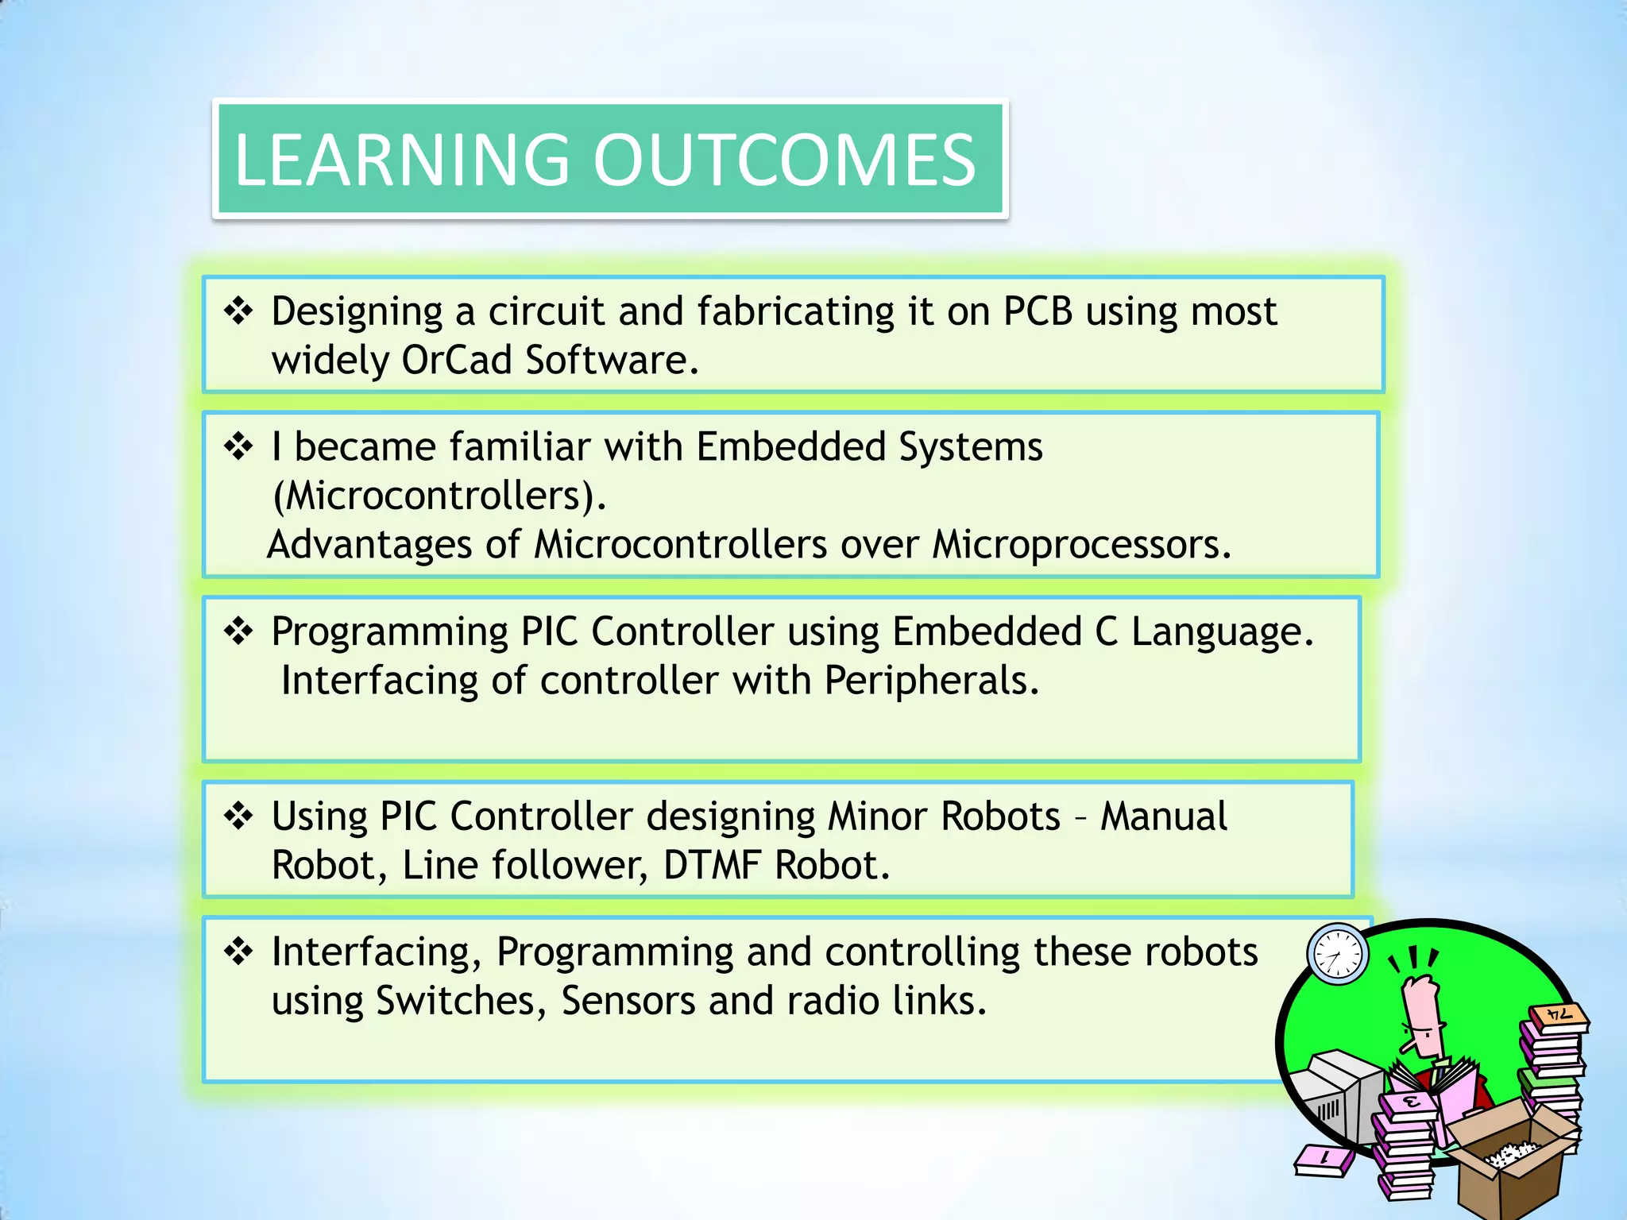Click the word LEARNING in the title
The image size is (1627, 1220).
point(401,160)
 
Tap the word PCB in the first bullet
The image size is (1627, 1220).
point(1038,311)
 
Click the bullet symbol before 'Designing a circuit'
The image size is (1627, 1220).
point(238,311)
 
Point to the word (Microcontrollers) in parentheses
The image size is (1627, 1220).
point(439,496)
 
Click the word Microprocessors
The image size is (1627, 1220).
point(1081,545)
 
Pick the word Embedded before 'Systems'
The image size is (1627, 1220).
point(790,446)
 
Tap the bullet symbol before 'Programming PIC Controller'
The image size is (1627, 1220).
point(238,631)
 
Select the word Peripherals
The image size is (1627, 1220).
point(931,681)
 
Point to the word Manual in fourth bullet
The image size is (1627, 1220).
point(1163,817)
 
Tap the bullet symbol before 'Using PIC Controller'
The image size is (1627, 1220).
point(238,816)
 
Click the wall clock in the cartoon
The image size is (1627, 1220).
point(1338,954)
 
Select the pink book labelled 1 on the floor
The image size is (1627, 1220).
point(1324,1160)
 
